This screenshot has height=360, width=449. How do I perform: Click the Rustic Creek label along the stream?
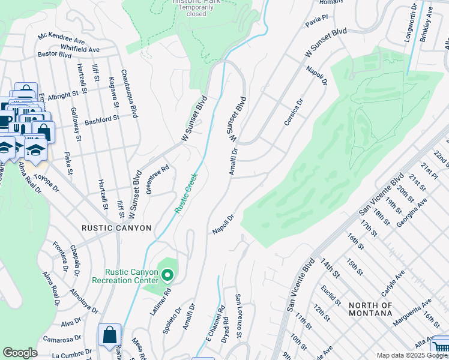click(185, 193)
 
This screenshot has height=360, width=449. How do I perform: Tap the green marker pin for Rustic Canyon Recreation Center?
click(167, 275)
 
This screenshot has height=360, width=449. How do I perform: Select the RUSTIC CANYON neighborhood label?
click(117, 229)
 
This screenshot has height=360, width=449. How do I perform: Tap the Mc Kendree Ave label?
click(61, 38)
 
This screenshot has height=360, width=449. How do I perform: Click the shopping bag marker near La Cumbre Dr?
click(109, 335)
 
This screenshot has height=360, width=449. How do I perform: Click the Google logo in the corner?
click(20, 353)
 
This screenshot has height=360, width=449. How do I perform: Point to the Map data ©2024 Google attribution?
click(411, 355)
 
